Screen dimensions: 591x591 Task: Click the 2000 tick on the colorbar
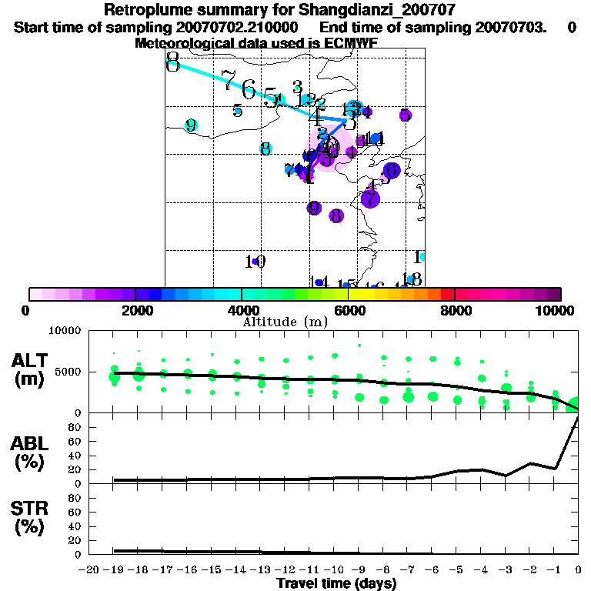(x=135, y=310)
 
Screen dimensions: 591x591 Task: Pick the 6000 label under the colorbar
(x=348, y=310)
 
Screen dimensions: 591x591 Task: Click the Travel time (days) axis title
(x=336, y=584)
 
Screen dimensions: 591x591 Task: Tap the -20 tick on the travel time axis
(x=91, y=570)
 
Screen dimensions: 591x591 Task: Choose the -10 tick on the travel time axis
(x=335, y=570)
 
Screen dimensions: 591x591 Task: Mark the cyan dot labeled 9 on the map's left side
(x=191, y=125)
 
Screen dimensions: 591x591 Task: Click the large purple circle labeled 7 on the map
(x=370, y=199)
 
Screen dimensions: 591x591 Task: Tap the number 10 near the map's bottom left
(x=255, y=262)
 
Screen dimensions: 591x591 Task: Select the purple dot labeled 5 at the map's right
(x=406, y=115)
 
